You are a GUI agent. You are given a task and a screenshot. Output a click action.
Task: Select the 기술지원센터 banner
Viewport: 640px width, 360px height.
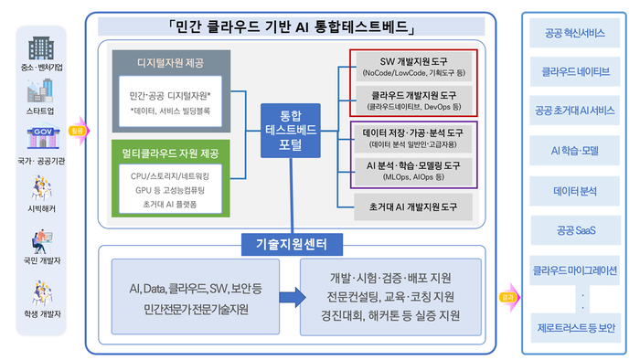point(292,244)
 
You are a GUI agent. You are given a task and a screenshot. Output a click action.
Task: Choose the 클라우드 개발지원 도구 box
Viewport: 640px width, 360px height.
point(411,99)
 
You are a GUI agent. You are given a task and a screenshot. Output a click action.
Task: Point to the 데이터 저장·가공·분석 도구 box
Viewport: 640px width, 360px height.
point(411,138)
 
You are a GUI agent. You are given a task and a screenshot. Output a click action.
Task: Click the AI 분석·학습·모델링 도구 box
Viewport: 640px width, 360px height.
point(411,170)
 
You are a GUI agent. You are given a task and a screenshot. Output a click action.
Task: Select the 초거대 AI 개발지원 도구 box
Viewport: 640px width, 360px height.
point(411,206)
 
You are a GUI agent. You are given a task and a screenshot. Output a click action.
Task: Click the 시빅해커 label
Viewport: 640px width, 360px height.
point(40,208)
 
